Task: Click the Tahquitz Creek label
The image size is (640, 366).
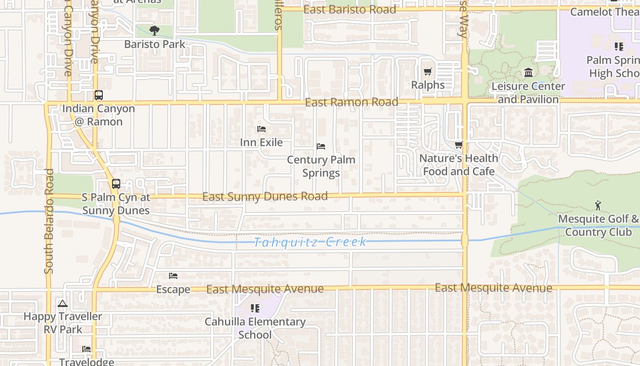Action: [x=310, y=242]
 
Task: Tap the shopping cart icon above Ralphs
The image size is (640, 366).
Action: [x=428, y=71]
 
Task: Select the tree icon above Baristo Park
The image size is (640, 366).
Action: [x=155, y=31]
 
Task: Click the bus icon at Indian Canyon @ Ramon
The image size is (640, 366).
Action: [x=99, y=95]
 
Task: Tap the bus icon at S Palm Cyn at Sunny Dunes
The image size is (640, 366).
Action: [x=116, y=184]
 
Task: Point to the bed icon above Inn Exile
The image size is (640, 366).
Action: [x=261, y=129]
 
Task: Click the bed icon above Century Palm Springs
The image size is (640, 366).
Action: [x=321, y=146]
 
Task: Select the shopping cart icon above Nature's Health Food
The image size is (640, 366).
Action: [x=459, y=145]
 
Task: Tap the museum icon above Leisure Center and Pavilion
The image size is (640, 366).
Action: [x=528, y=73]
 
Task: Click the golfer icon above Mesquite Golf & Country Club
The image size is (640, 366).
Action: [x=598, y=205]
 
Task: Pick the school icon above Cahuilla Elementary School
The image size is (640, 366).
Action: [x=255, y=308]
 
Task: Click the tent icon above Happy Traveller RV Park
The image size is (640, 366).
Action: [x=63, y=303]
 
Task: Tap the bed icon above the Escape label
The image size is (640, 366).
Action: [x=173, y=276]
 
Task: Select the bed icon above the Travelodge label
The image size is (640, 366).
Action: [x=86, y=349]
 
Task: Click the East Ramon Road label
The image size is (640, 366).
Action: [x=352, y=102]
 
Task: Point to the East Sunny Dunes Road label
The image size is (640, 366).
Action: [x=265, y=197]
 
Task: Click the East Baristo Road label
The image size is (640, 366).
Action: [x=350, y=10]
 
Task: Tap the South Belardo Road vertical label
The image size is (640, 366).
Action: [x=49, y=221]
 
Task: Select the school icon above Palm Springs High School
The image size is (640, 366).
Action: [x=619, y=46]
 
